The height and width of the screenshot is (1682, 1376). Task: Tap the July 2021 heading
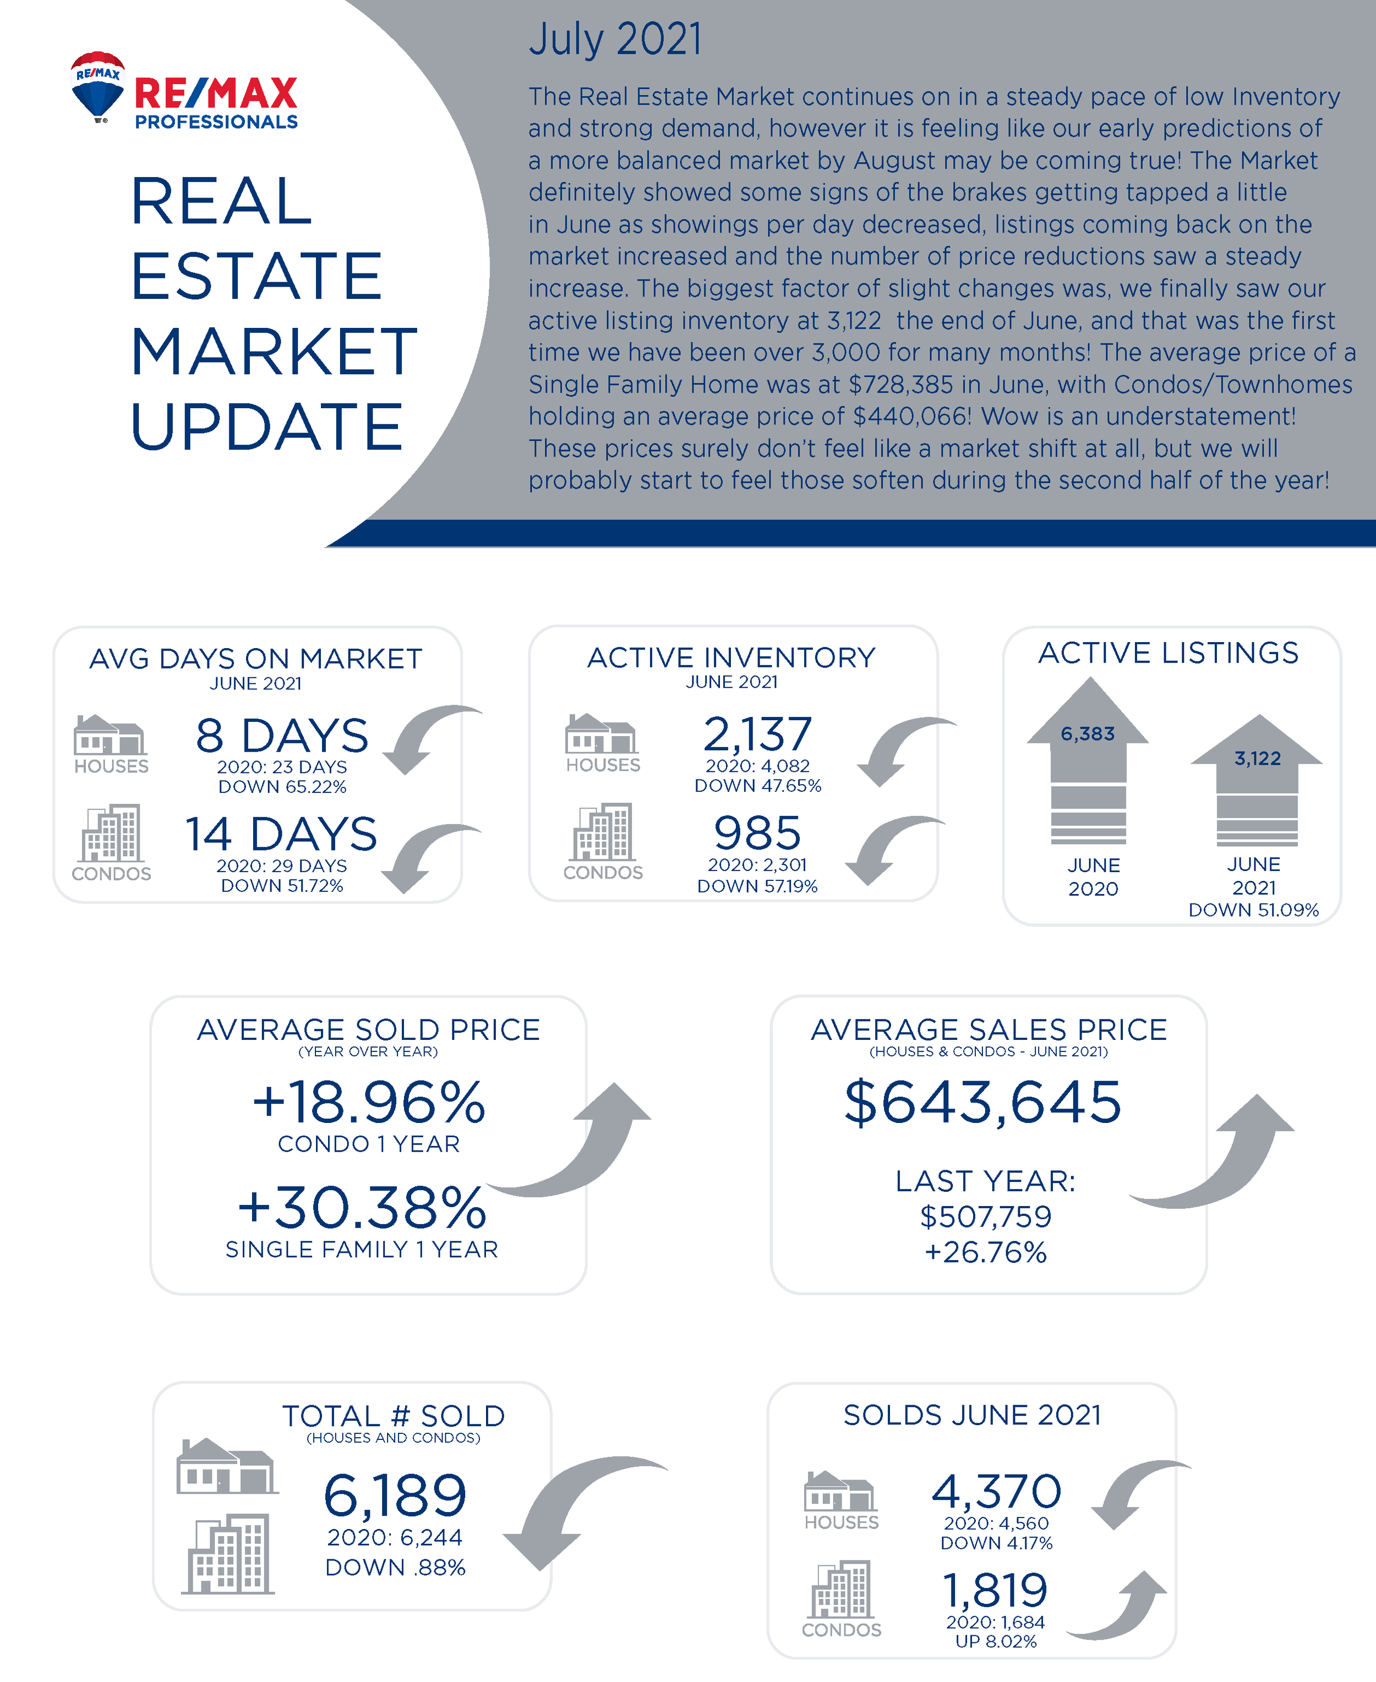tap(615, 40)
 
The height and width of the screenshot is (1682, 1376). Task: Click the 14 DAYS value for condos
tap(281, 834)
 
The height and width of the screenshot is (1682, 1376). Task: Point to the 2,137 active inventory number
tap(758, 733)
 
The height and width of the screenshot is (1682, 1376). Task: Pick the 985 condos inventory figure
tap(758, 832)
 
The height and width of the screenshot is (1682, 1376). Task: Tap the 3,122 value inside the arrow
tap(1257, 759)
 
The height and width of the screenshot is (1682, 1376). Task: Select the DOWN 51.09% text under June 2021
tap(1253, 910)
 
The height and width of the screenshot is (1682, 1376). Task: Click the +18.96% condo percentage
tap(369, 1102)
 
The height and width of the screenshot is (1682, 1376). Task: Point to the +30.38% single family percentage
tap(362, 1207)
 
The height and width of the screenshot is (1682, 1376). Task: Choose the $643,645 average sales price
tap(983, 1102)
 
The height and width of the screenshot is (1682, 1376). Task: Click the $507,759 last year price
tap(985, 1216)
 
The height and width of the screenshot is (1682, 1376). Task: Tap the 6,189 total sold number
tap(395, 1495)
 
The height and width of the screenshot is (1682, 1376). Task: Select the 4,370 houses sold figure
tap(996, 1491)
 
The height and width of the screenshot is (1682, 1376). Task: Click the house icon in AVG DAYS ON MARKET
tap(110, 735)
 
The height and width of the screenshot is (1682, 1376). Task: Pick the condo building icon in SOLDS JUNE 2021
tap(841, 1590)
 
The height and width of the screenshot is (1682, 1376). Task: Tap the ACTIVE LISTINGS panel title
tap(1168, 653)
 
